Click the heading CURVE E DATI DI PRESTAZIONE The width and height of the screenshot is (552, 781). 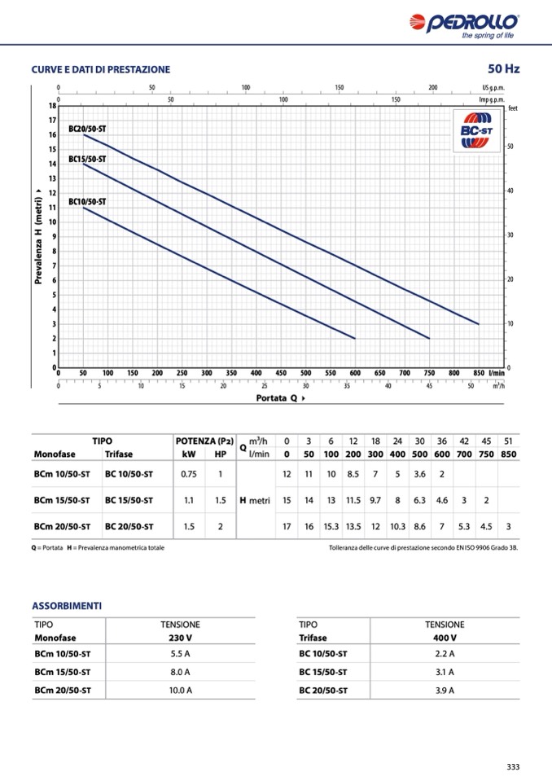coord(101,69)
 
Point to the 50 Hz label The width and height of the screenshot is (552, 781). coord(503,68)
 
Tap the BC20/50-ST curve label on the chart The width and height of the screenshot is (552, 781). coord(87,129)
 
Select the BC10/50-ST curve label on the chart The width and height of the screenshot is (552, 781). coord(87,201)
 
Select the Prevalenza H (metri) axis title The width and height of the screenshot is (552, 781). coord(38,236)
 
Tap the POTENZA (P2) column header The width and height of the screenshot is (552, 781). coord(204,441)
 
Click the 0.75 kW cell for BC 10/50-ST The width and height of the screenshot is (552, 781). coord(189,474)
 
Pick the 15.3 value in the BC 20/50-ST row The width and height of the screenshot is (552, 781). coord(331,526)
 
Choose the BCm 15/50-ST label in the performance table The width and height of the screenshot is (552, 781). coord(62,500)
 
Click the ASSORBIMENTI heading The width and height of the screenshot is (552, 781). coord(67,606)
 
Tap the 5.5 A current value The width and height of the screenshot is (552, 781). coord(180,653)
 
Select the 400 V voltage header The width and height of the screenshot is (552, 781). coord(445,638)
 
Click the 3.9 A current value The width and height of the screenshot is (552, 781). coord(445,690)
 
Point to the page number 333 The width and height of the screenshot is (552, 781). coord(513,766)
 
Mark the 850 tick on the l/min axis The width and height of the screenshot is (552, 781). coord(479,372)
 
